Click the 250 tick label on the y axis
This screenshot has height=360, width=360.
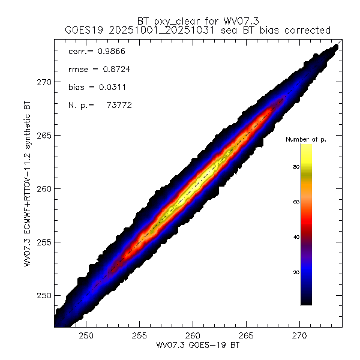(x=44, y=295)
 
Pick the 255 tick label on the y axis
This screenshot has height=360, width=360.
(x=44, y=242)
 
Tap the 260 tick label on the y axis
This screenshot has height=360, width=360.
(x=44, y=188)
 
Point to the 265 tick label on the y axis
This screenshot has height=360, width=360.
(x=44, y=135)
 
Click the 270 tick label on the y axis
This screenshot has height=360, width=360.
(x=44, y=82)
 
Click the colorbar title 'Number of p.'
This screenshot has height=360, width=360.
(x=305, y=139)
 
